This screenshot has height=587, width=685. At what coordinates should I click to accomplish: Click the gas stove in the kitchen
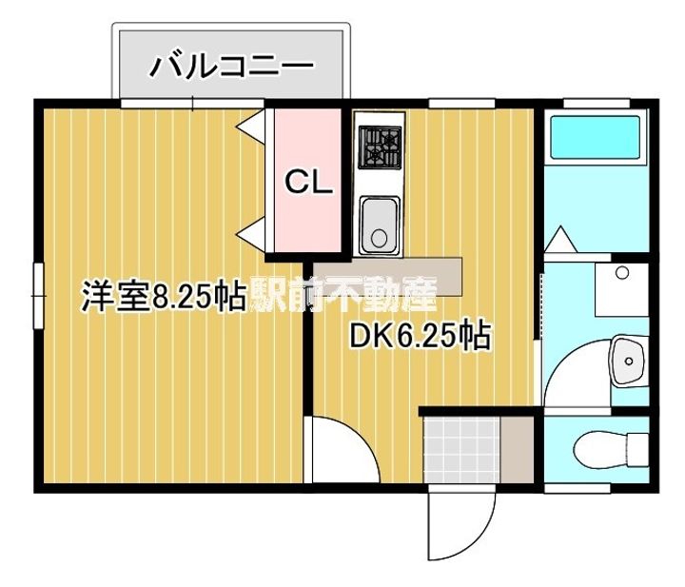tap(381, 147)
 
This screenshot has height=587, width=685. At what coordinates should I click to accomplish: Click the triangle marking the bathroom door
tap(561, 237)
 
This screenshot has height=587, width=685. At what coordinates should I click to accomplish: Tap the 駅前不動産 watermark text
tap(342, 296)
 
